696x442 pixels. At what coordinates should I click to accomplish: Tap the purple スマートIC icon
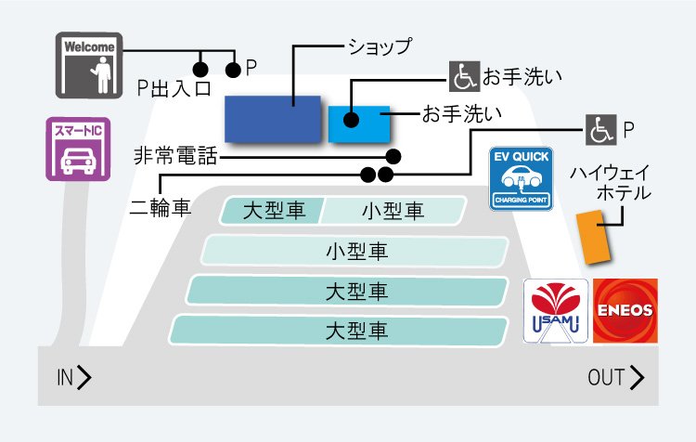tap(73, 149)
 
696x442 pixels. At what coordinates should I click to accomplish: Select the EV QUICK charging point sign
tap(522, 178)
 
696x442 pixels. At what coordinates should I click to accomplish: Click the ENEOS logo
tap(625, 310)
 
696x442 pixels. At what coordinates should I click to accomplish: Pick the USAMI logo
tap(555, 310)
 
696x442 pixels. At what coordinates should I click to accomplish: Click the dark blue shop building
tap(273, 118)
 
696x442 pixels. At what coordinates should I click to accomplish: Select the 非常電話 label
tap(175, 156)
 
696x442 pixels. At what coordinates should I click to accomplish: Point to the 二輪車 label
tap(161, 207)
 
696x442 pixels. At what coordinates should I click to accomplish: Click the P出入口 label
tap(174, 88)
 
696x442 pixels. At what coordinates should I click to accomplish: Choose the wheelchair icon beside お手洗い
tap(464, 76)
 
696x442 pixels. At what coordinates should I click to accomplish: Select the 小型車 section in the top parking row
tap(393, 211)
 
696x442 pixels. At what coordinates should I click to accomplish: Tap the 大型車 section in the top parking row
tap(274, 211)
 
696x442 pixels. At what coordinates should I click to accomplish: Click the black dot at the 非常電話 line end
tap(393, 156)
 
